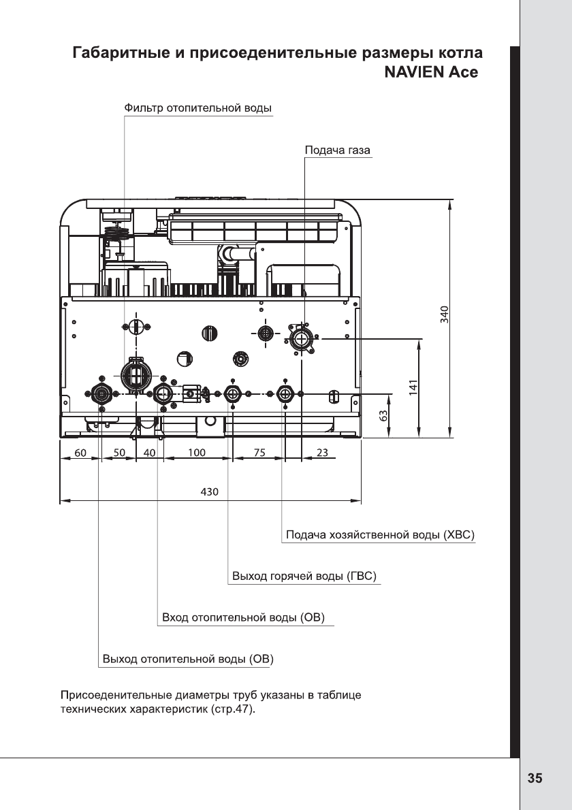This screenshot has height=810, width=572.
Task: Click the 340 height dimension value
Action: click(445, 314)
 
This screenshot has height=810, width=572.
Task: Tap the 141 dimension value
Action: click(413, 387)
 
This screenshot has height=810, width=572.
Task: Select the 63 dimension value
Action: click(383, 415)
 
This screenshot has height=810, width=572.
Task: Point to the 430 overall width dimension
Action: click(209, 491)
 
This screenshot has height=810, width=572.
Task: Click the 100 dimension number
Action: click(196, 453)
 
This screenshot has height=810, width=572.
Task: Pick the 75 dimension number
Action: click(260, 453)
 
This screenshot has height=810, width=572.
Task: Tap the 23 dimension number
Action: click(322, 453)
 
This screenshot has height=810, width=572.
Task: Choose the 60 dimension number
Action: click(80, 453)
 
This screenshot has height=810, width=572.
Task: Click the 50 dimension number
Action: click(119, 453)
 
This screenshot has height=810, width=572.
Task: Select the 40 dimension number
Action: click(149, 453)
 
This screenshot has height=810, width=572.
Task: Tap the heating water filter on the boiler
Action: click(136, 374)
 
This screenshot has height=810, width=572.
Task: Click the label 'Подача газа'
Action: click(338, 150)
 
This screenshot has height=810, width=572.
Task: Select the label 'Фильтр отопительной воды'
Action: click(198, 108)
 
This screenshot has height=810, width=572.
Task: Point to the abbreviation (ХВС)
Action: click(459, 534)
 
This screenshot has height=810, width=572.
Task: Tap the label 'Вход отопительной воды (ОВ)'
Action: click(243, 617)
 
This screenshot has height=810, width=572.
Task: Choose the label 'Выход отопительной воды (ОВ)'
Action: click(188, 659)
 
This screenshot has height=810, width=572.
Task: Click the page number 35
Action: click(535, 778)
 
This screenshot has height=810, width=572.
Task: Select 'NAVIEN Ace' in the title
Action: click(432, 71)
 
